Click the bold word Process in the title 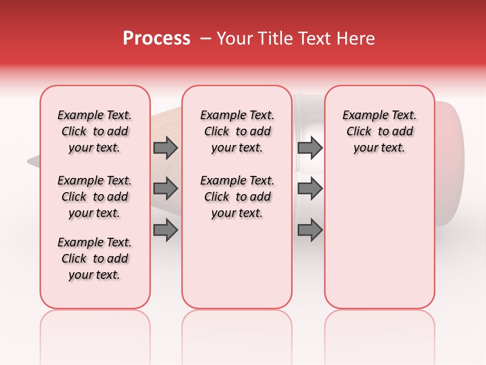point(156,39)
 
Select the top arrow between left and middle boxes point(166,148)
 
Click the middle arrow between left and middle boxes point(166,189)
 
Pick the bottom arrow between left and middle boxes point(166,230)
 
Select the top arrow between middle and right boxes point(310,148)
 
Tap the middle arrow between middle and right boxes point(310,189)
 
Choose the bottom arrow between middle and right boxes point(310,230)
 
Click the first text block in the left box point(95,131)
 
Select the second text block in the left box point(95,197)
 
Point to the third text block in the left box point(95,259)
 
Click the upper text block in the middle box point(237,131)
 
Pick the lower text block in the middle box point(237,197)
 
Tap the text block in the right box point(379,131)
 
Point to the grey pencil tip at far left point(33,162)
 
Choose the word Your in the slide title point(235,39)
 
